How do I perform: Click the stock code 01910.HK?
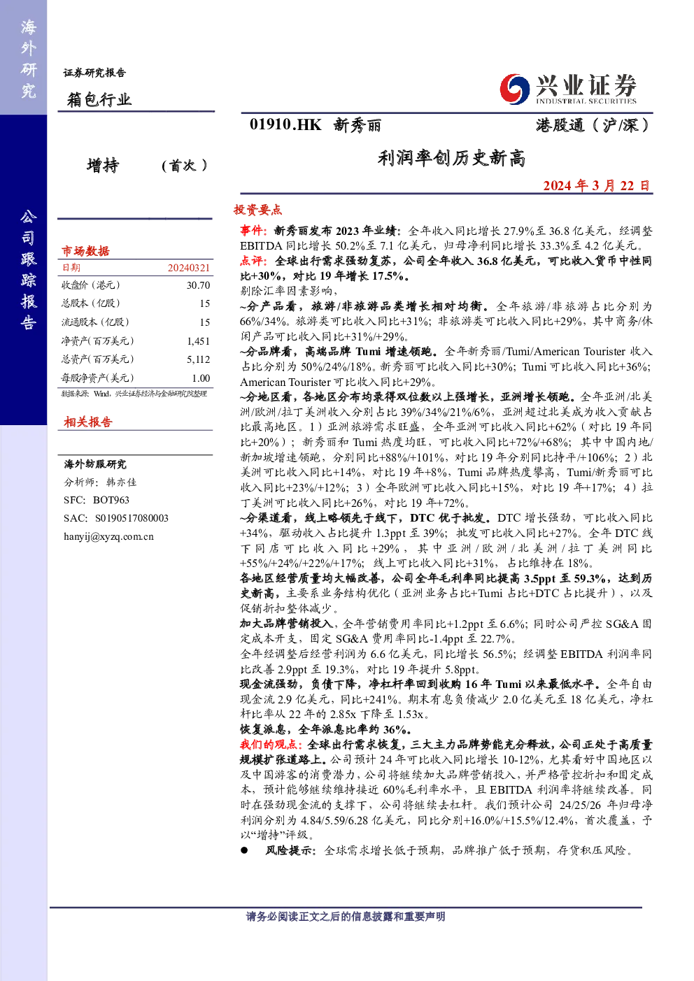click(285, 125)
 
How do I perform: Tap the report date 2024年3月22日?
click(597, 186)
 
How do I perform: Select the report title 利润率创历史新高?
click(451, 158)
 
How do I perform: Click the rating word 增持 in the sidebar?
click(103, 166)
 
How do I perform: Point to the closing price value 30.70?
click(198, 285)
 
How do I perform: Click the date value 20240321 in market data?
click(189, 268)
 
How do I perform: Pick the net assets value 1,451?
click(198, 341)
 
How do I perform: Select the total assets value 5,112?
click(198, 359)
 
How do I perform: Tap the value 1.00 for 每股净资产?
click(201, 378)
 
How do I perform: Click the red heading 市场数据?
click(85, 251)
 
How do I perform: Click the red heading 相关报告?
click(88, 422)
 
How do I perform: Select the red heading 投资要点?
click(257, 210)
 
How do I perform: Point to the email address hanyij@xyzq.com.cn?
click(108, 536)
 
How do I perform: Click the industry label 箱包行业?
click(99, 99)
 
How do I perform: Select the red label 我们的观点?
click(271, 744)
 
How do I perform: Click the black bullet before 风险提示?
click(244, 850)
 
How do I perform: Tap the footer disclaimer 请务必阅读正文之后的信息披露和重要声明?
click(346, 916)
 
